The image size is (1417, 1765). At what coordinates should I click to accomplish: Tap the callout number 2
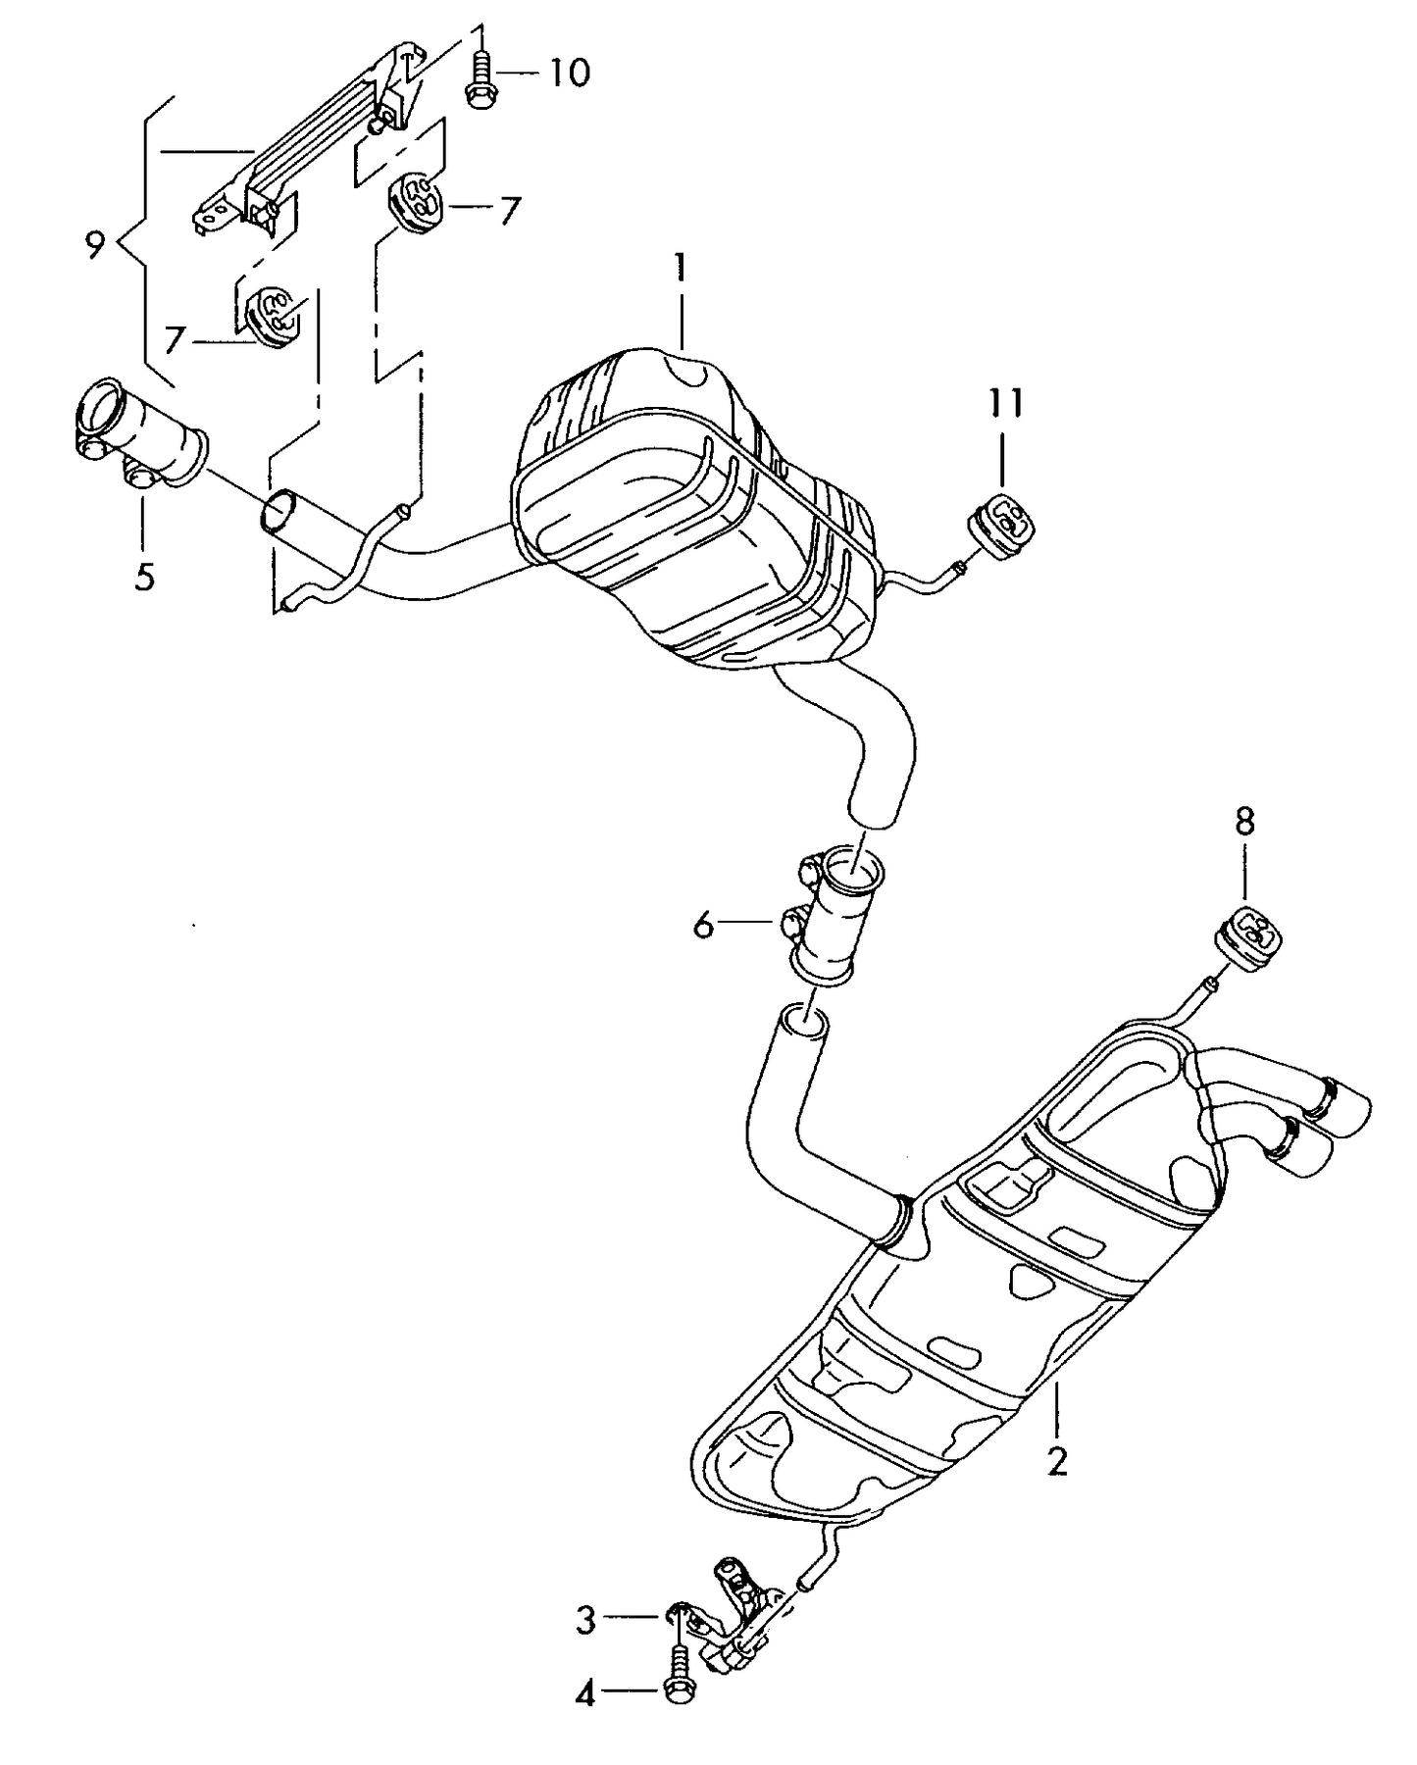1056,1461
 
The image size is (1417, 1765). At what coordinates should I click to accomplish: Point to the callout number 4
585,1693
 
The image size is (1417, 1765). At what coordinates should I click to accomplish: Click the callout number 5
144,577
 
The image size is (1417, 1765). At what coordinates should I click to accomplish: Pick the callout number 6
703,924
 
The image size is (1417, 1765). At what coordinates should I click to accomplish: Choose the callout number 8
1243,822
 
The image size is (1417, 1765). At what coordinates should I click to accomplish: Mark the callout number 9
94,243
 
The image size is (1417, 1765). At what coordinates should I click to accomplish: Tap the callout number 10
569,73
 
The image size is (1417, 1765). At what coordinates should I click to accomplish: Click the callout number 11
1004,403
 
